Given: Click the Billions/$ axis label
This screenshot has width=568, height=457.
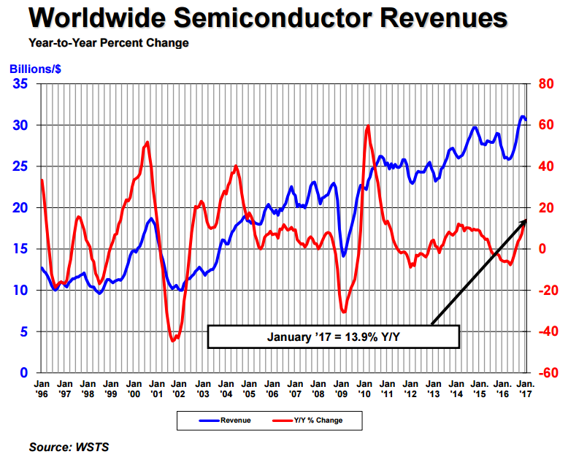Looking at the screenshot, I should [x=34, y=69].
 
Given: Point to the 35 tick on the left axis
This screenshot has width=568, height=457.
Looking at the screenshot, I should [x=21, y=84].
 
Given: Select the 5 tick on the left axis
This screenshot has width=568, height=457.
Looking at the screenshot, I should [x=25, y=331].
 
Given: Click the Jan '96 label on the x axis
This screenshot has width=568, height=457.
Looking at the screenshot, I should [x=41, y=388].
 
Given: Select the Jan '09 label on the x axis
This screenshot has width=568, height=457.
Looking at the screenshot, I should [x=341, y=388].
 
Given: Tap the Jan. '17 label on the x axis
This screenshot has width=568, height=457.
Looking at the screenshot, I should [x=526, y=388].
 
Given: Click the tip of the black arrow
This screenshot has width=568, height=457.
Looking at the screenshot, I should [x=526, y=219].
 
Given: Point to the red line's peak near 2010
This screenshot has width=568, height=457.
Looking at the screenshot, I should [x=367, y=126].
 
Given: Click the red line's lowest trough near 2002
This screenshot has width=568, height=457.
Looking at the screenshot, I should [x=173, y=341].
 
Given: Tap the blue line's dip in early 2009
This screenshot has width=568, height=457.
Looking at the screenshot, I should [x=344, y=256].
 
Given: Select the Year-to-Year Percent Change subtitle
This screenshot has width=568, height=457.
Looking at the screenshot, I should [x=109, y=43].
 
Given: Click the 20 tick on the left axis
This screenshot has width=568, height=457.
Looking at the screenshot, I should [x=21, y=208].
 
